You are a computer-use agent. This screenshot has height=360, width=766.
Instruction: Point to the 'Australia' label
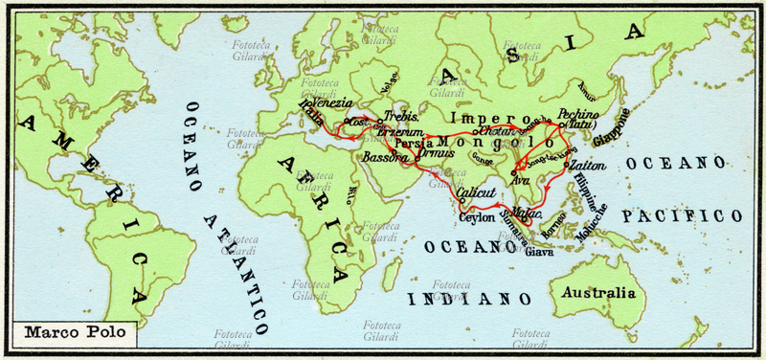(x=599, y=292)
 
